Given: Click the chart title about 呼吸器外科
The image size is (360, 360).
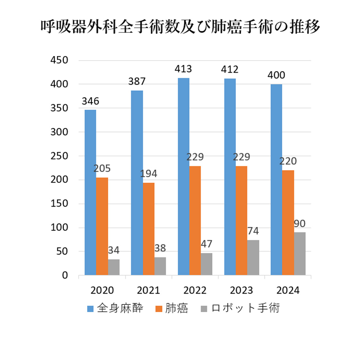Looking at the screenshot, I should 180,27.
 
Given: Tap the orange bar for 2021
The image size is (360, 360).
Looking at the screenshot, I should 148,229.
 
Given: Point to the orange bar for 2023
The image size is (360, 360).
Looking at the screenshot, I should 241,220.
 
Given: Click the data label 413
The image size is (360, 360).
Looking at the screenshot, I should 183,69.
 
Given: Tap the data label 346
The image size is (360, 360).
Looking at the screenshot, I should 90,101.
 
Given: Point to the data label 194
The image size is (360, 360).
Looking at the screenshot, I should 148,174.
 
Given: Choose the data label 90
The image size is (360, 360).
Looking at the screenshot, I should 300,223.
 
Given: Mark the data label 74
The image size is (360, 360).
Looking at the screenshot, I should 253,231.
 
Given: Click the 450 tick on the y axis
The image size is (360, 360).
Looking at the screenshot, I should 59,60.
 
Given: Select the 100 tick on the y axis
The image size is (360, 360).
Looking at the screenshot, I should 59,227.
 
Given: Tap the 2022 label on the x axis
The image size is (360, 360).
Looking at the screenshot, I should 195,290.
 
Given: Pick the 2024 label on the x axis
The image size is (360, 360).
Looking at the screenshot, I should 288,290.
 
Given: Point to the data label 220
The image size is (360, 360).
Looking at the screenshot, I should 288,161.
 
